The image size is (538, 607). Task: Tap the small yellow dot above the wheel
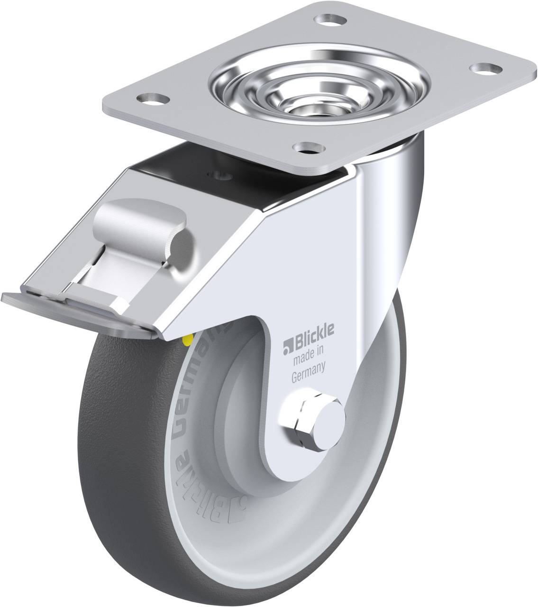pyautogui.click(x=190, y=338)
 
